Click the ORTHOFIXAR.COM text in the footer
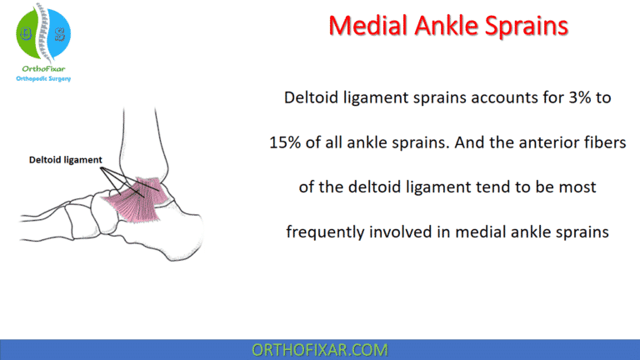(320, 348)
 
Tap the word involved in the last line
(398, 231)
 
